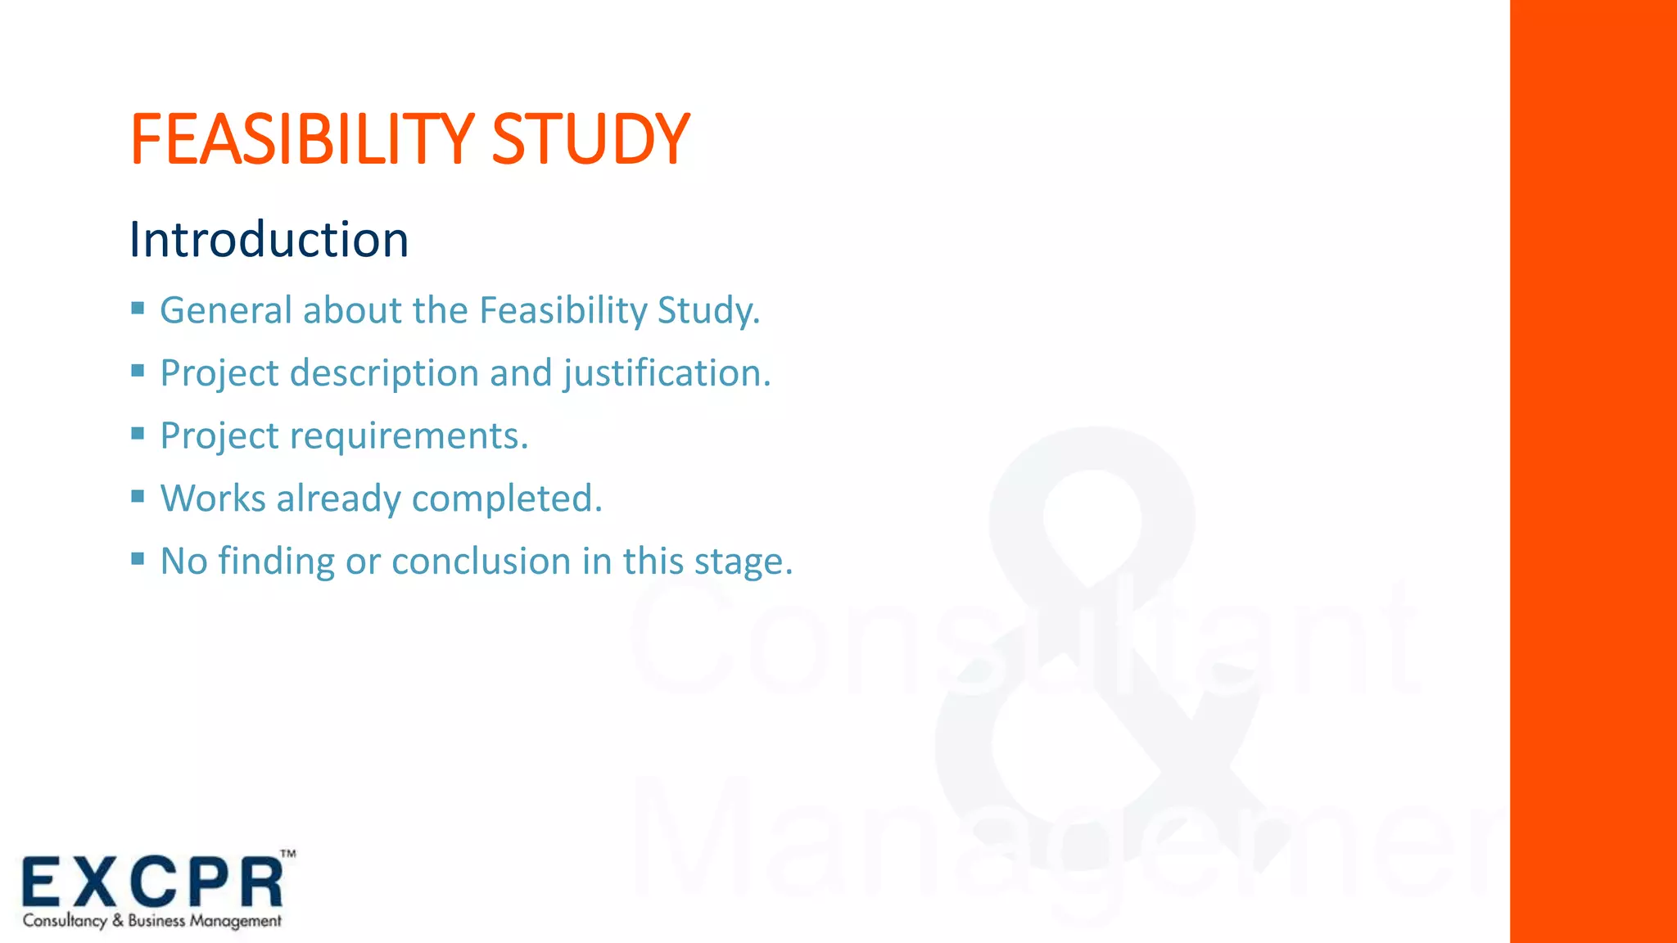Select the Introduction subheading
tap(269, 240)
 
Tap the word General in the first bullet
tap(225, 310)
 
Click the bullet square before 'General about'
tap(138, 308)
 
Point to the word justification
tap(667, 373)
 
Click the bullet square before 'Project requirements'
tap(138, 433)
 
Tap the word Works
tap(212, 499)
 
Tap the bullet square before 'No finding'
tap(138, 558)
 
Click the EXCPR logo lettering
tap(152, 882)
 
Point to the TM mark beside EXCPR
tap(288, 855)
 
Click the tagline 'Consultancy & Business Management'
tap(152, 921)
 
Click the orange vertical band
tap(1593, 471)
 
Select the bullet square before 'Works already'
tap(138, 496)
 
